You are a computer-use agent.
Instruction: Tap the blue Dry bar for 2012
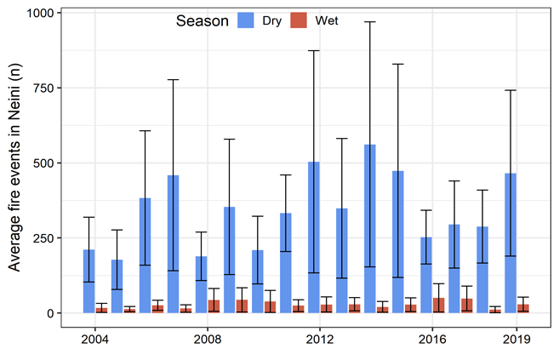pos(313,237)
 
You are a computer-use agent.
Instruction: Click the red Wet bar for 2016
pos(439,306)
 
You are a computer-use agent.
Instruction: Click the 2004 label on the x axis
pos(95,340)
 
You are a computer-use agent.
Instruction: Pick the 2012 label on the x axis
pos(320,340)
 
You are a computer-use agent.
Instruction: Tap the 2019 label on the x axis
pos(516,340)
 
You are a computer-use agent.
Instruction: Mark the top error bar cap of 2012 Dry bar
pos(313,51)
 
